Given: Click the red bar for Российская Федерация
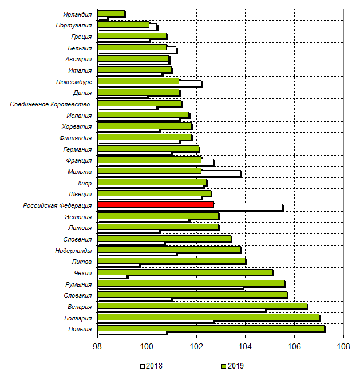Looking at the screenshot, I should tap(156, 204).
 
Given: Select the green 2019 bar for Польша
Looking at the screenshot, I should tap(211, 328).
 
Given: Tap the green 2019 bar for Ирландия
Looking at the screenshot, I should tap(111, 13).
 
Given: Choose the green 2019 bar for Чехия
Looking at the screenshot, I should tap(185, 272).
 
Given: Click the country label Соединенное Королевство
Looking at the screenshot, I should tap(50, 104).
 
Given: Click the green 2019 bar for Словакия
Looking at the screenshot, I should tap(192, 294).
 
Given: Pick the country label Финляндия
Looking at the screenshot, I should tap(75, 138).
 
